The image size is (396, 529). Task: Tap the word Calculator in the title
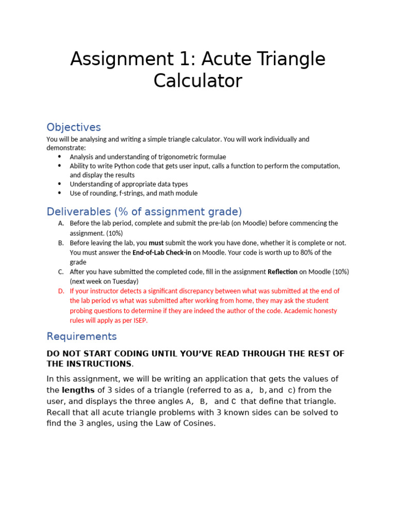tap(197, 81)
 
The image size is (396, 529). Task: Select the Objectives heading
tap(74, 127)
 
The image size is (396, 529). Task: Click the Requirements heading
tap(81, 336)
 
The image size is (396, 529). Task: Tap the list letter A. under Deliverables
tap(61, 223)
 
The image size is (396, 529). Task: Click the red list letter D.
tap(61, 291)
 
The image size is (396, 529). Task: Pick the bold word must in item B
tap(156, 243)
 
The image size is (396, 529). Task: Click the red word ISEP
tap(139, 320)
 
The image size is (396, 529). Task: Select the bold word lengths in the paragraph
tap(79, 390)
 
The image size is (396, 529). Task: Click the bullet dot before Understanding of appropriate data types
tap(59, 184)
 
